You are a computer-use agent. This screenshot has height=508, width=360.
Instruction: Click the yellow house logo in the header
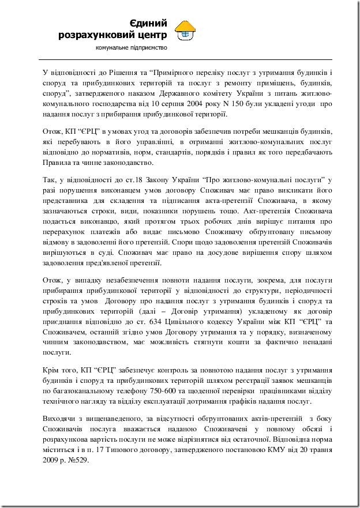[186, 29]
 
